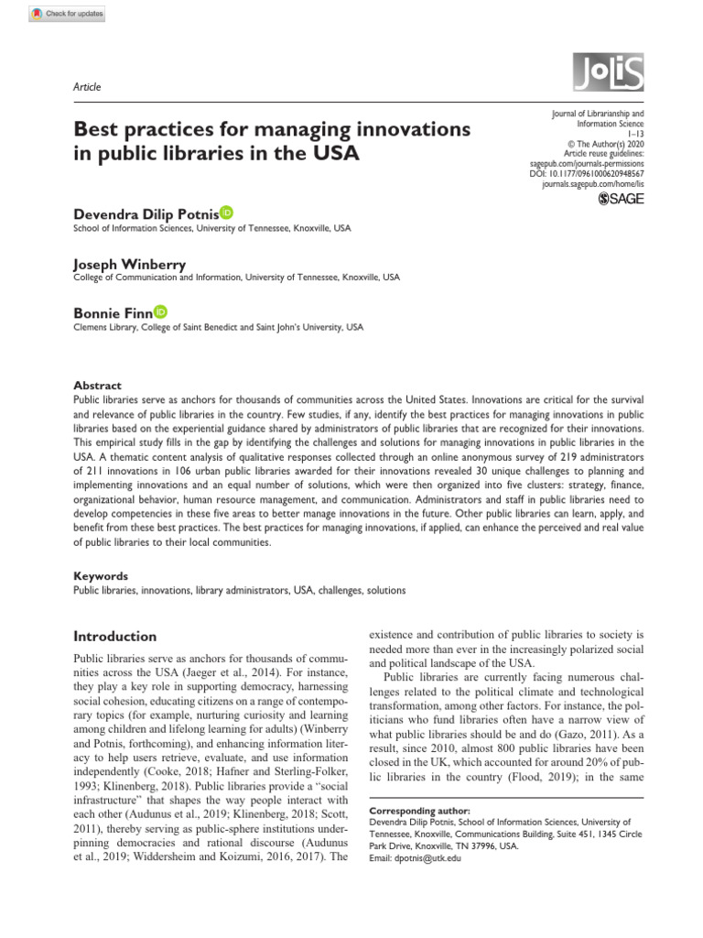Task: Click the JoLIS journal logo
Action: click(x=608, y=71)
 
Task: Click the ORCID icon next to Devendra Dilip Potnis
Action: click(x=226, y=213)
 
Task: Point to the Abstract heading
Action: click(x=97, y=386)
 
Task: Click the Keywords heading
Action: click(x=101, y=576)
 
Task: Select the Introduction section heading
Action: click(x=114, y=636)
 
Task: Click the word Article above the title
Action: click(x=86, y=87)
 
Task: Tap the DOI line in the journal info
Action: click(x=587, y=173)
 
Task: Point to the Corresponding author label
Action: click(x=418, y=811)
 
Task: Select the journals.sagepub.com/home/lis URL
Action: click(x=593, y=184)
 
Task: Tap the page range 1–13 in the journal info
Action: click(x=633, y=133)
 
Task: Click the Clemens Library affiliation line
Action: click(x=218, y=327)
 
